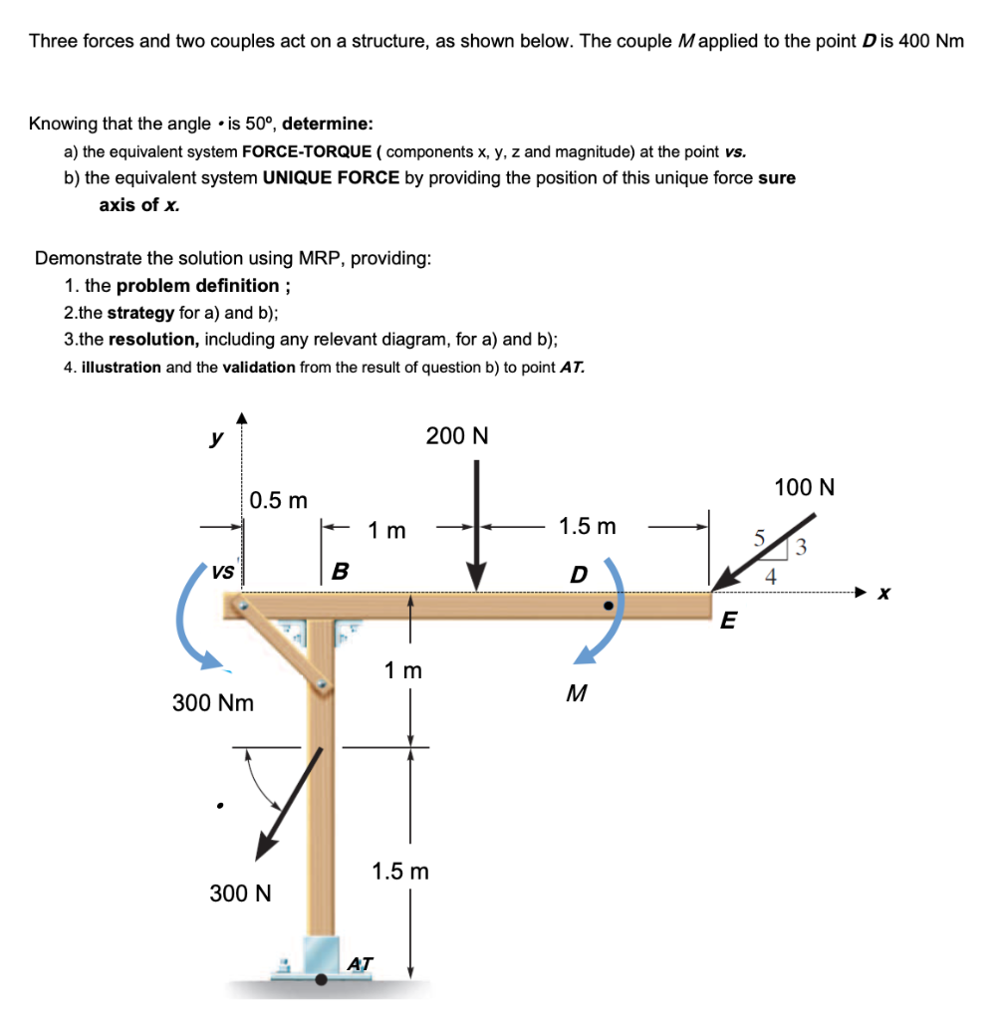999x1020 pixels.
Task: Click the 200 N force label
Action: [457, 436]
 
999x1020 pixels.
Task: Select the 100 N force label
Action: [804, 488]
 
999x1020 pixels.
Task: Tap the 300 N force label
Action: [240, 892]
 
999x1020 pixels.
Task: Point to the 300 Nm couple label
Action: [213, 703]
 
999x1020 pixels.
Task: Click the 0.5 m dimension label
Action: [279, 499]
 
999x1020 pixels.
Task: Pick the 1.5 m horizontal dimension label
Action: [588, 526]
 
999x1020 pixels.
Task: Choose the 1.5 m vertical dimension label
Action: [400, 872]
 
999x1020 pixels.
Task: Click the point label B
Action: [340, 572]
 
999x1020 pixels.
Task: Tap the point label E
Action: [728, 622]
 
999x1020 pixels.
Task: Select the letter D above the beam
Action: [579, 575]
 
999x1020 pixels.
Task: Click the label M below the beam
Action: [574, 694]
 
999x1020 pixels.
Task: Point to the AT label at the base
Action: [360, 963]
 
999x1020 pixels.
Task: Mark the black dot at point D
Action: [607, 605]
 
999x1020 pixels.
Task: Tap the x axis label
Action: [882, 594]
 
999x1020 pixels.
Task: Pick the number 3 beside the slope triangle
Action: [802, 546]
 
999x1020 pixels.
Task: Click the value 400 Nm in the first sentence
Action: [931, 42]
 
